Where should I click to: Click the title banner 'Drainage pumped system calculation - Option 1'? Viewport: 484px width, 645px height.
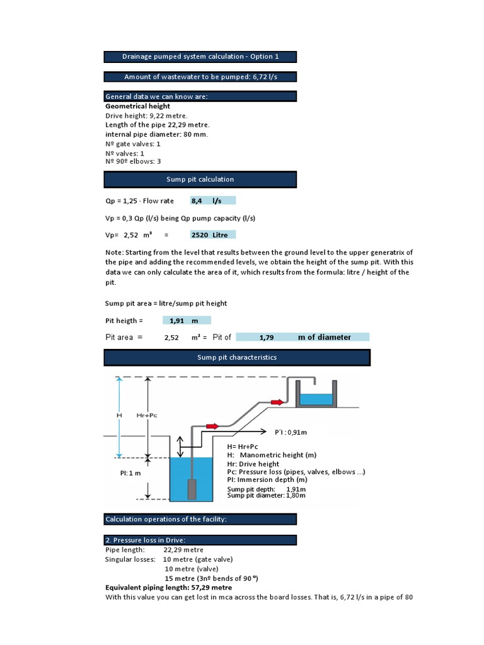[x=200, y=57]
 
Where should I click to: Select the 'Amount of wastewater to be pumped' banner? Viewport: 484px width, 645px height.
[x=200, y=77]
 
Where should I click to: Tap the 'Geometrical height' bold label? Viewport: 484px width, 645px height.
[x=137, y=106]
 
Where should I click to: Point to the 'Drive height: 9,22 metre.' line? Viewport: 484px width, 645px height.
[x=146, y=116]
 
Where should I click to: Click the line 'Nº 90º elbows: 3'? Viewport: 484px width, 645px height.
[x=137, y=161]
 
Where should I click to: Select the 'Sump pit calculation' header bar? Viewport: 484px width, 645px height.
[x=200, y=180]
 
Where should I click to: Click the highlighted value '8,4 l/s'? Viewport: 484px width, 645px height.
[x=212, y=201]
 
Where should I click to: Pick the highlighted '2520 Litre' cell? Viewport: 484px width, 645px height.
[x=212, y=235]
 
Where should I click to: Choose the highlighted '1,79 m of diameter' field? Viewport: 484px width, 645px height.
[x=302, y=337]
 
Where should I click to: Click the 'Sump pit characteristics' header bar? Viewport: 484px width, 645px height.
[x=236, y=358]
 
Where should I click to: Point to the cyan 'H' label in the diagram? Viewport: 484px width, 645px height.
[x=118, y=416]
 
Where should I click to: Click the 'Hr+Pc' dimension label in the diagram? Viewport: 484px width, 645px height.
[x=146, y=416]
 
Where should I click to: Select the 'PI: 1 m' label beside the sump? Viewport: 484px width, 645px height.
[x=130, y=472]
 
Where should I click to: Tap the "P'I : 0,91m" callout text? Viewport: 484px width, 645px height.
[x=291, y=433]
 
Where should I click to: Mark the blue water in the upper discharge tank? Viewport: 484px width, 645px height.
[x=316, y=399]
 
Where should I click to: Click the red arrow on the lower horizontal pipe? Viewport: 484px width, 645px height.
[x=211, y=426]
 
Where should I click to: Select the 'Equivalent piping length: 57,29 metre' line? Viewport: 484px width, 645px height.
[x=168, y=587]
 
